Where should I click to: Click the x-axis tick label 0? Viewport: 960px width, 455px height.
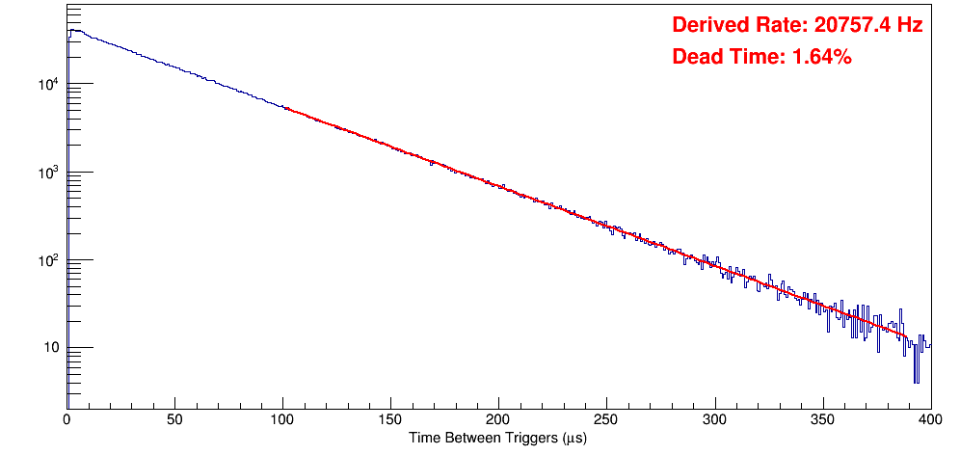(67, 419)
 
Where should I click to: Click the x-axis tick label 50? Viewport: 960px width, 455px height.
(174, 419)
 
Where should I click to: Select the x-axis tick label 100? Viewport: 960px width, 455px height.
(282, 419)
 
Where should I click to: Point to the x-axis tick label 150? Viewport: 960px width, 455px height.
(390, 419)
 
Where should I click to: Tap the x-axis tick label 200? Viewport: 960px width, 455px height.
(498, 419)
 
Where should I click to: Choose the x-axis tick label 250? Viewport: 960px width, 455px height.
(606, 419)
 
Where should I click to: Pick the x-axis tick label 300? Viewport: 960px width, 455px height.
(714, 419)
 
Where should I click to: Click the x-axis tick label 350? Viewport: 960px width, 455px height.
(822, 419)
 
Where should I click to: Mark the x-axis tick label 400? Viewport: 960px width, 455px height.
(929, 419)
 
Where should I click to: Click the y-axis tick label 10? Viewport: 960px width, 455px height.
(51, 348)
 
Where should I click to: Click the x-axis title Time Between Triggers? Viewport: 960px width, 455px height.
(482, 438)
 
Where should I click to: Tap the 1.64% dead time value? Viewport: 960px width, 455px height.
(821, 57)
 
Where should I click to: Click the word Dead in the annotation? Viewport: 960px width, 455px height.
(695, 57)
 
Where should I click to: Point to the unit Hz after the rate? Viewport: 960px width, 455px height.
(910, 26)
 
